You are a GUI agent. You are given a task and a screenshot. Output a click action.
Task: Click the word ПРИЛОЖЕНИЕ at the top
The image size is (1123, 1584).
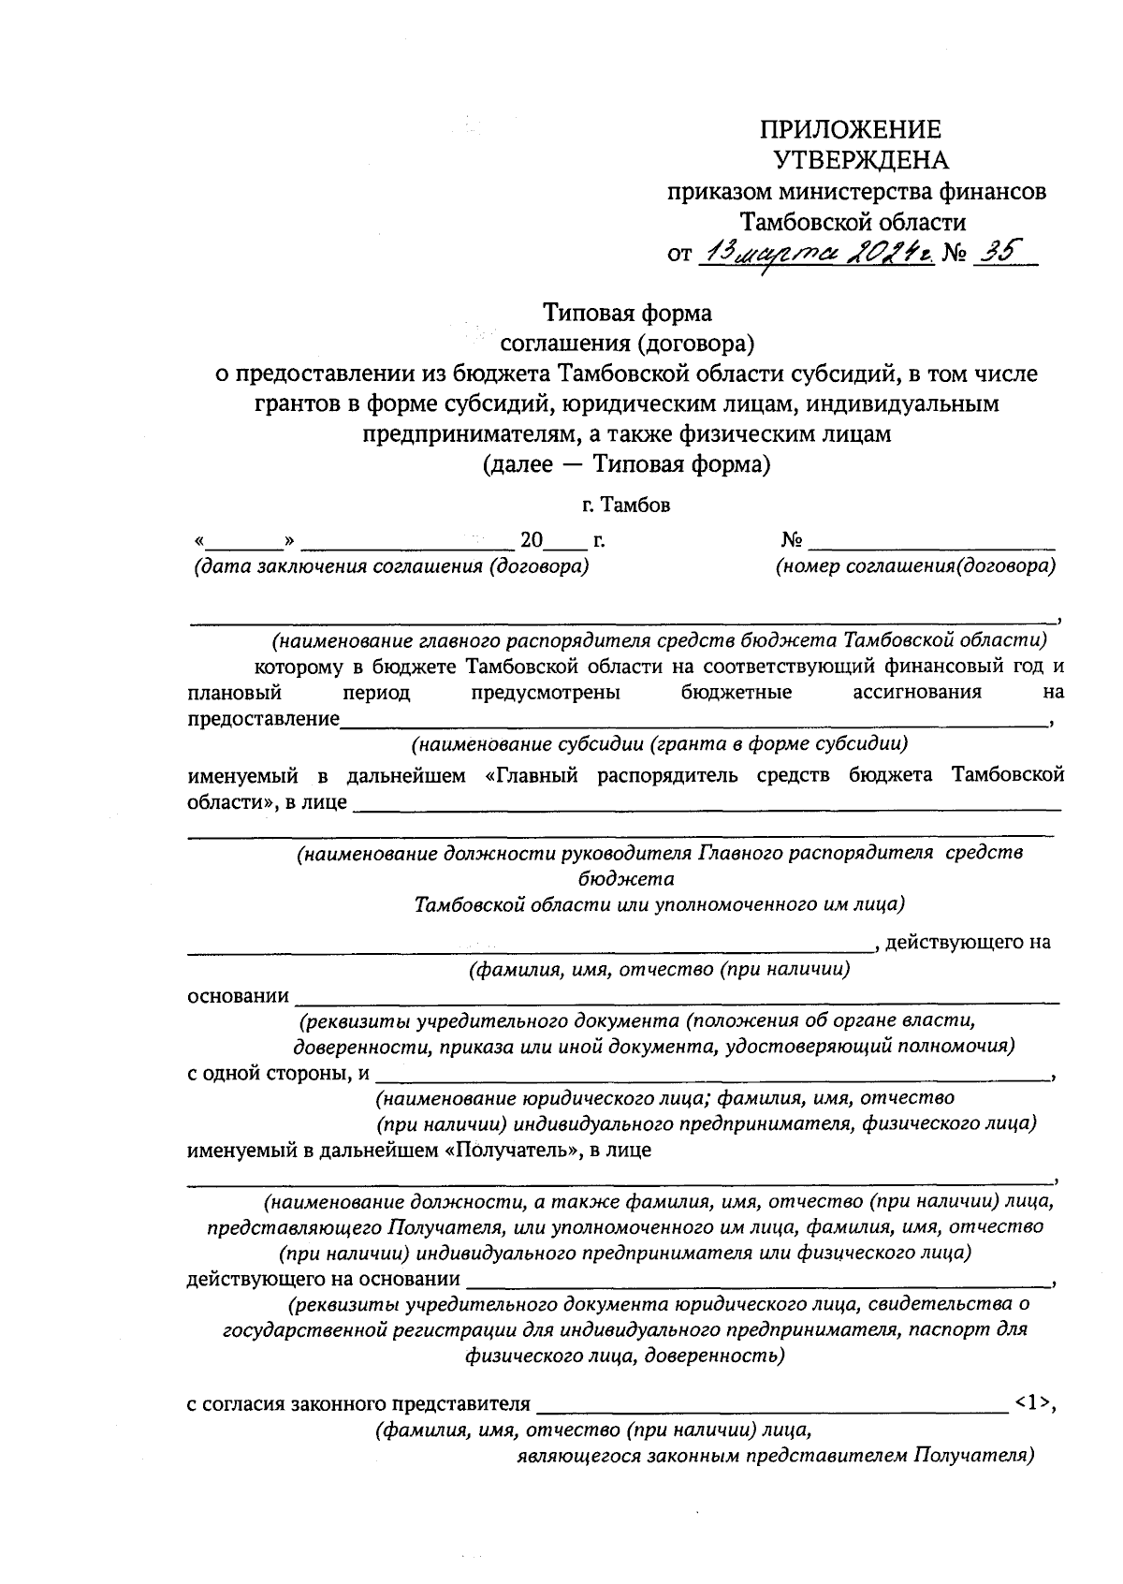tap(850, 130)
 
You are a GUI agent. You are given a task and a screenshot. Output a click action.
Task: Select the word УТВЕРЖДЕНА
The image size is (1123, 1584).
tap(861, 160)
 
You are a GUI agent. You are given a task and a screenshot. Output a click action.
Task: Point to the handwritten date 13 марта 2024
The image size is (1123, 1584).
tap(817, 252)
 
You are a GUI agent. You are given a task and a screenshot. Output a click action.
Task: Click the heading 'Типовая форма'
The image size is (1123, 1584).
tap(628, 312)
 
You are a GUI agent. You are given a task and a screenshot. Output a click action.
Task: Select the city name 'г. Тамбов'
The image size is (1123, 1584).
tap(625, 506)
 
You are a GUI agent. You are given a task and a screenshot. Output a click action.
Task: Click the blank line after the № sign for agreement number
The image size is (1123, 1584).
tap(932, 543)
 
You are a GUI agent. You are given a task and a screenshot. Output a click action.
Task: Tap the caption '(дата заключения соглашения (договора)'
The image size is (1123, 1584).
tap(391, 566)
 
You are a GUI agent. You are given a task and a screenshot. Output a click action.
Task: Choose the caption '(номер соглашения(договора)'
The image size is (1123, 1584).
tap(916, 566)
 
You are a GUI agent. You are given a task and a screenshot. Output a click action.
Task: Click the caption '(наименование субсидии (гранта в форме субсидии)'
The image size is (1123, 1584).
tap(660, 745)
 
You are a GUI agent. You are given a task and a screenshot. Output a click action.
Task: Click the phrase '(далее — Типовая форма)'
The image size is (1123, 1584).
tap(626, 464)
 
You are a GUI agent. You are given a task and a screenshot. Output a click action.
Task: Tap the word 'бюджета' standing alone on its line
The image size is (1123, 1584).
tap(626, 879)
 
